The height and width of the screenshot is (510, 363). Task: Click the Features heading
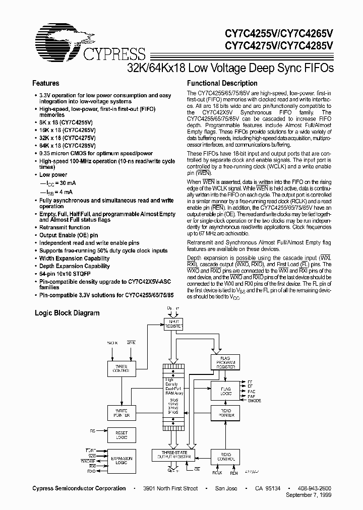(x=45, y=83)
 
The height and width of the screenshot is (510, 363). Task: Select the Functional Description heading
(x=222, y=83)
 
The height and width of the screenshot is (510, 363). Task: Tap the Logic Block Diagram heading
(x=67, y=313)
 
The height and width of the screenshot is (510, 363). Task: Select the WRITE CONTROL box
(x=121, y=368)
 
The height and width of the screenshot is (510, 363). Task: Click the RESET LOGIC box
(x=121, y=434)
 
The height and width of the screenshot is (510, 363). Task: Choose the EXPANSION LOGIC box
(x=121, y=461)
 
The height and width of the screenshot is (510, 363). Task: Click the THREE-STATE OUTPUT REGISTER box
(x=173, y=455)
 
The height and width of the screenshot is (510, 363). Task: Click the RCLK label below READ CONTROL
(x=217, y=473)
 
